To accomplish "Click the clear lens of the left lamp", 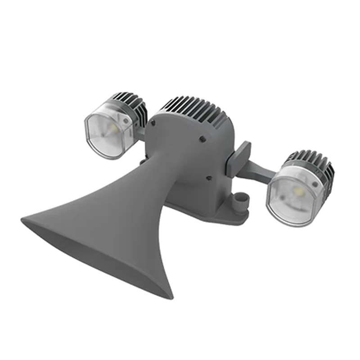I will pyautogui.click(x=106, y=133).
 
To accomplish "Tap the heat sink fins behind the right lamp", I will pyautogui.click(x=315, y=162).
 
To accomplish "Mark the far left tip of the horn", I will pyautogui.click(x=23, y=220).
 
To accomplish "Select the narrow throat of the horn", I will pyautogui.click(x=153, y=180).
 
